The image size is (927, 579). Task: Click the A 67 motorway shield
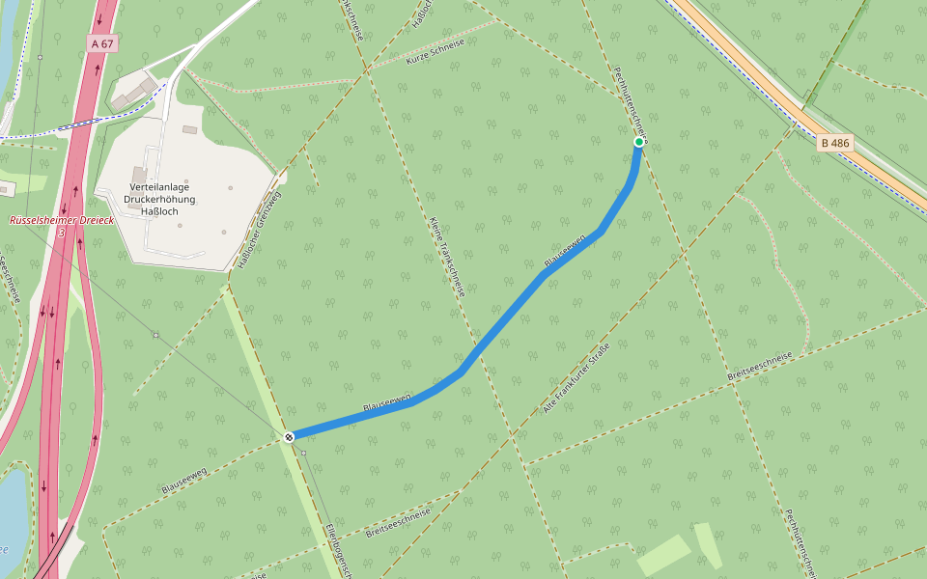[x=101, y=43]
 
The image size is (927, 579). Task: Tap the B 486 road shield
[x=835, y=144]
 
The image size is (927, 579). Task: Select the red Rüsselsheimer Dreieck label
[x=62, y=220]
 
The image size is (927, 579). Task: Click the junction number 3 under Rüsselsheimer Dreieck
[x=61, y=233]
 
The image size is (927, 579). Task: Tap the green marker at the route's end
[x=639, y=142]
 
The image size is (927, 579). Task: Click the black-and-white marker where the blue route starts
[x=289, y=437]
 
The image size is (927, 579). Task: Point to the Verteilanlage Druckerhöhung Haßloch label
[x=159, y=199]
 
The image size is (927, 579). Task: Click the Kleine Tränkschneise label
[x=447, y=256]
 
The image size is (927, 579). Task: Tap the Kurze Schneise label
[x=435, y=52]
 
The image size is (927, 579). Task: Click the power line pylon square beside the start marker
[x=303, y=453]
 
